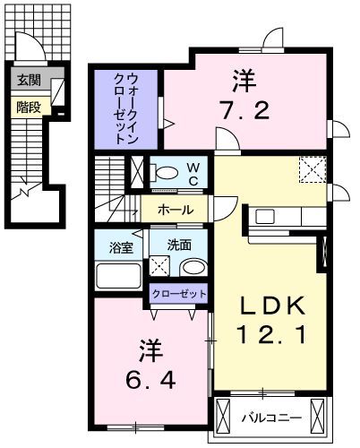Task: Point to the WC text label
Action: coord(193,172)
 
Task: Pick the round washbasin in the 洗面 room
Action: coord(191,268)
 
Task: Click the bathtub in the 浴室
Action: coord(119,273)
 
